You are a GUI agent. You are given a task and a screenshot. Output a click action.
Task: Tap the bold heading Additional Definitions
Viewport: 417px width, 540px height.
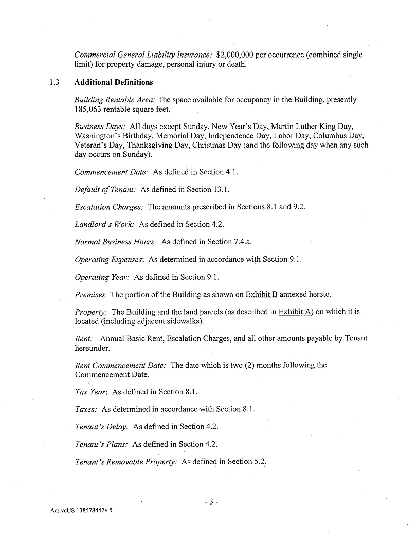tap(114, 82)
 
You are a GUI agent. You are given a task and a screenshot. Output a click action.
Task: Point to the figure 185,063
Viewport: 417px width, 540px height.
tap(90, 109)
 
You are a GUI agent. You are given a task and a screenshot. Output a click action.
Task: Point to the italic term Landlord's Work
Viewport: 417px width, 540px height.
tap(104, 224)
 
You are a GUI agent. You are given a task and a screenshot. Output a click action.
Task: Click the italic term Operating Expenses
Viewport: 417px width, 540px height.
tap(109, 259)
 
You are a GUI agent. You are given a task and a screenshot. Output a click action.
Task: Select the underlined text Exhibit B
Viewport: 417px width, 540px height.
tap(261, 295)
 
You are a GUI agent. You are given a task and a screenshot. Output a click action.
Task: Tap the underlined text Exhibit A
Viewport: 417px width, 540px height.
tap(295, 312)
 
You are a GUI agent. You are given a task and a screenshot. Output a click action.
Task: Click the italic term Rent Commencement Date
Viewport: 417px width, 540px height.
tap(120, 365)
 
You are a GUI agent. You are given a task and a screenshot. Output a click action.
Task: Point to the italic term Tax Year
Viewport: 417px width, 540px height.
tap(90, 392)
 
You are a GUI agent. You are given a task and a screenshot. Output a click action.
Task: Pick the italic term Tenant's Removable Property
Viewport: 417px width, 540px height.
tap(126, 462)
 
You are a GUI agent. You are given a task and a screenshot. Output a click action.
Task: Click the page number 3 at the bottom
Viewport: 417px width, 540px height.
tap(211, 502)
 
